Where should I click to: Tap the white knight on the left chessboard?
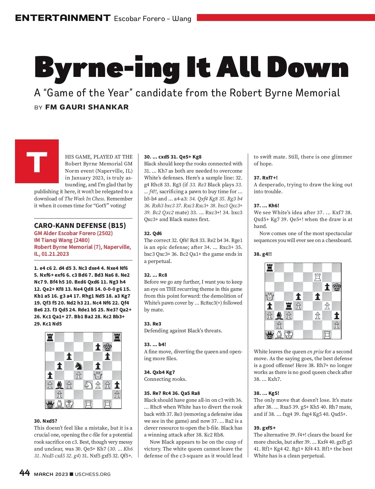pos(88,385)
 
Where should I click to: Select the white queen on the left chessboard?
pos(98,375)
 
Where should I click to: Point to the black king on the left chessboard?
pos(107,346)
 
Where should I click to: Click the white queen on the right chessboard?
pos(270,296)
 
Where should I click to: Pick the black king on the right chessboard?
pos(337,287)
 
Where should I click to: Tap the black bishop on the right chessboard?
pos(279,315)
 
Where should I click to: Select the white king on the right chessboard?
pos(289,335)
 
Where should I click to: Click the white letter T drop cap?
pos(37,161)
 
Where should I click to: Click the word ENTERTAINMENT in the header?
pos(62,18)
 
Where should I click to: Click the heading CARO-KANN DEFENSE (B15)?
pos(80,225)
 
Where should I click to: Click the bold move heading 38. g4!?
pos(262,254)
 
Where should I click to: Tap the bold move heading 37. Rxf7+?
pos(265,178)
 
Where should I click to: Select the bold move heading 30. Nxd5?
pos(46,421)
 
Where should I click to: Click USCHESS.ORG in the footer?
pos(93,474)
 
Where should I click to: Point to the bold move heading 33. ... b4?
pos(155,344)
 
